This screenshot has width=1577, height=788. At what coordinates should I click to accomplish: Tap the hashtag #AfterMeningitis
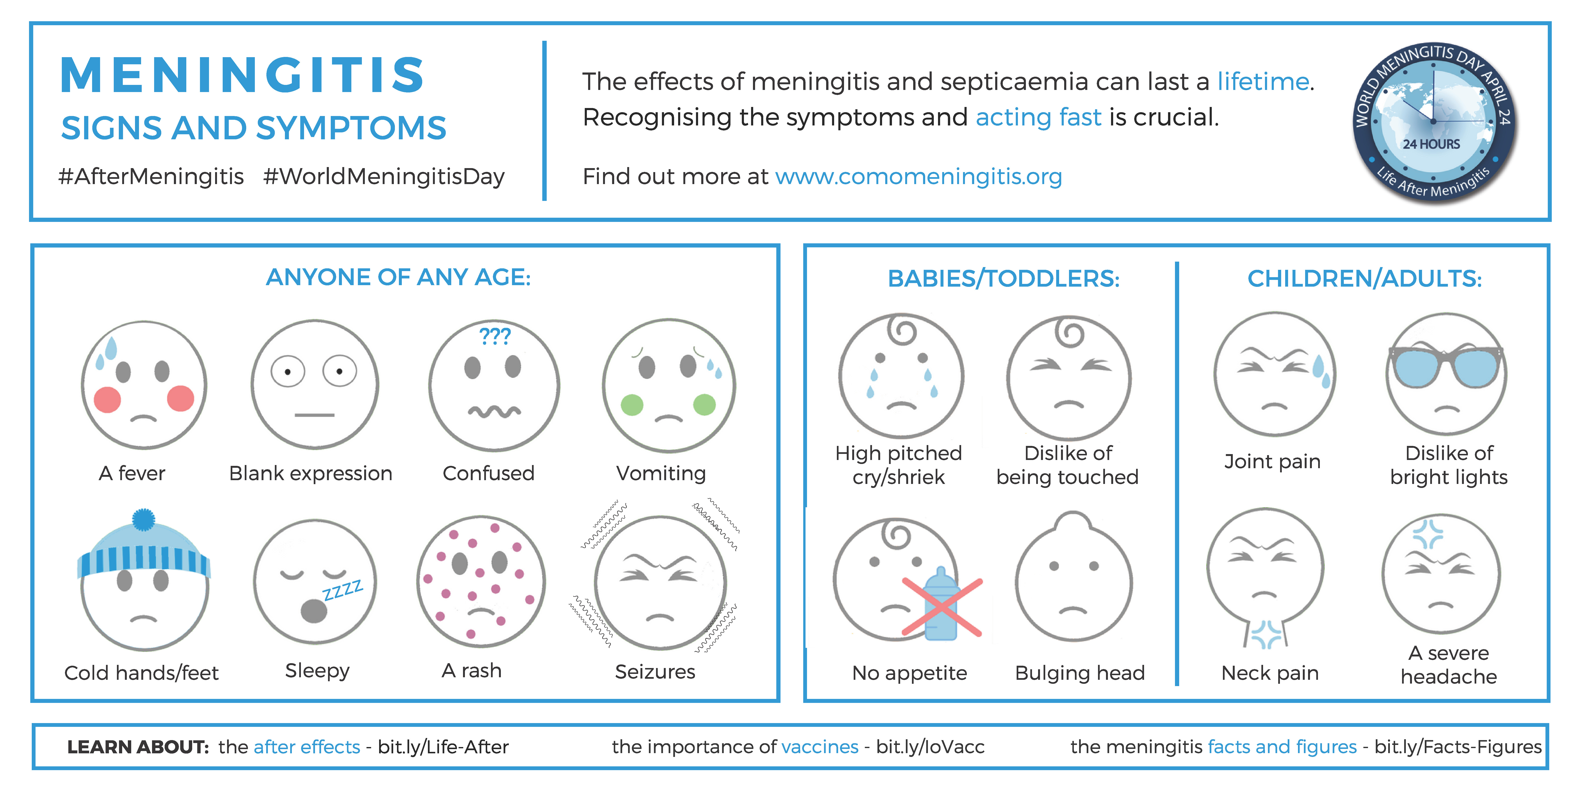click(151, 176)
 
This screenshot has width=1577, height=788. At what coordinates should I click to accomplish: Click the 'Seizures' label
click(655, 672)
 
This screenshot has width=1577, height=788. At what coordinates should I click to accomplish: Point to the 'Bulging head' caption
click(1080, 673)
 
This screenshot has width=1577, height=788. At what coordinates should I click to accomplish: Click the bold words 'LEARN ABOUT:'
click(138, 747)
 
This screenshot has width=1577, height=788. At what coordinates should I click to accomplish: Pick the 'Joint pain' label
click(1272, 461)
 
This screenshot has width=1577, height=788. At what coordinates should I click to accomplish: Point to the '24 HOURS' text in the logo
click(1431, 144)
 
